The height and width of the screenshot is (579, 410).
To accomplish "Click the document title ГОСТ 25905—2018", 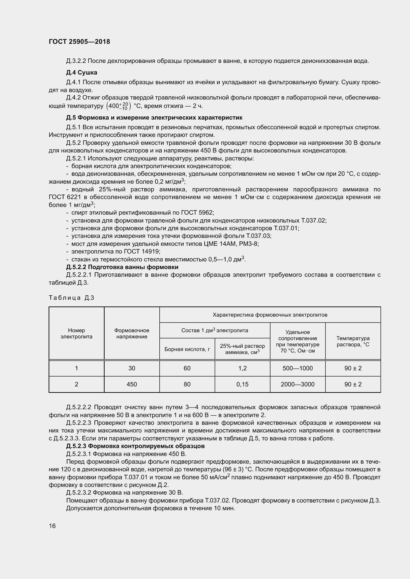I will tap(79, 42).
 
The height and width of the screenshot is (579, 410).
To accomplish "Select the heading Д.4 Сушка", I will tap(82, 73).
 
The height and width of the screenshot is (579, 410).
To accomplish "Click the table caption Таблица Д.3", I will tap(71, 298).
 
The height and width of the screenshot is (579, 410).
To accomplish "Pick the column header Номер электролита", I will tap(77, 333).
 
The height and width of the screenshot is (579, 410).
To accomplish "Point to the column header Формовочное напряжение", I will tap(132, 333).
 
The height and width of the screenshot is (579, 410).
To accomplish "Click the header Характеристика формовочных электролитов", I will tap(270, 315).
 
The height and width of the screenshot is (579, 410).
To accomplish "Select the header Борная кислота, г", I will tap(187, 349).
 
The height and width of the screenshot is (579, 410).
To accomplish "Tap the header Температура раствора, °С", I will tap(353, 341).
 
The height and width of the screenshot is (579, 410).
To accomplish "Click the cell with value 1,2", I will tap(242, 368).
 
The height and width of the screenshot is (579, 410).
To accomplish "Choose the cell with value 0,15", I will tap(242, 384).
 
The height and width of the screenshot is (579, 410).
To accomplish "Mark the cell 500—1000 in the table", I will tap(298, 368).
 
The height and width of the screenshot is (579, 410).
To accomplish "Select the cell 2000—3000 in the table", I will tap(298, 384).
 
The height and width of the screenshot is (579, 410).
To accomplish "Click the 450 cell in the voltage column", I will tap(132, 384).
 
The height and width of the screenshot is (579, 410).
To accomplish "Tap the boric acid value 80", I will tap(187, 384).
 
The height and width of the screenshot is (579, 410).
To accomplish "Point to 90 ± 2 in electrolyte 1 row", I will tap(353, 368).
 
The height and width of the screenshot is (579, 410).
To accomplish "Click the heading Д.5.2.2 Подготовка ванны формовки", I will tap(122, 267).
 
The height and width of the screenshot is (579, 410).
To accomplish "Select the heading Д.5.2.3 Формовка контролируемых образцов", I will tap(135, 446).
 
